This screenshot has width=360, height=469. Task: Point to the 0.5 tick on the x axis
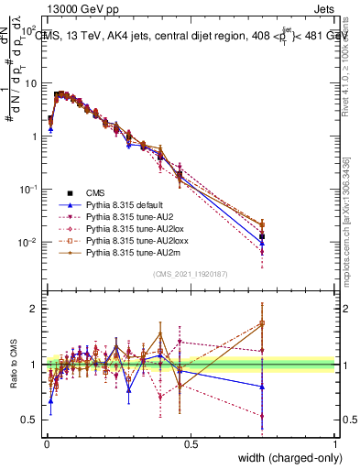click(191, 442)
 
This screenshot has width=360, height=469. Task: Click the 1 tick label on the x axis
click(334, 442)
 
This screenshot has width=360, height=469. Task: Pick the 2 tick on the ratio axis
click(36, 309)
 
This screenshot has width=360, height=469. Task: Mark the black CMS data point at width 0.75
click(263, 236)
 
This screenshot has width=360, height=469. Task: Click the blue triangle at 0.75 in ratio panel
click(263, 387)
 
